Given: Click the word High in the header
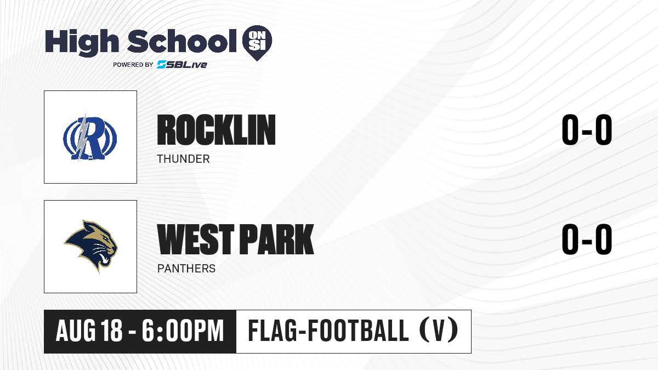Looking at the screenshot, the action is point(82,43).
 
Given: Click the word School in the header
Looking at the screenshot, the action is point(182,41).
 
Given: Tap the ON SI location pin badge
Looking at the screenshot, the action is point(257,43).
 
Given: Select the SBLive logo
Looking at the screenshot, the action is point(182,65).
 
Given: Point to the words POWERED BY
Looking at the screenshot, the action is point(133,65).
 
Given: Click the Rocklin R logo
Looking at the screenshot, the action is point(90,138).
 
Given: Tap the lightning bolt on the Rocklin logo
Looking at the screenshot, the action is point(82,138).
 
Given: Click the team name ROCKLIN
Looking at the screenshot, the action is point(216,130).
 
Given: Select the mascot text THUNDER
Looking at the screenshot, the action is point(183,159).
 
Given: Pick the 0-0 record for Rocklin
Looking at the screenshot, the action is point(587,130).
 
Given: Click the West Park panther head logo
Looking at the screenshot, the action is point(90,246).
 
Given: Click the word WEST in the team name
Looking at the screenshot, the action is point(196,239).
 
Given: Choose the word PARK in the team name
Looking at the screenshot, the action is point(277,239).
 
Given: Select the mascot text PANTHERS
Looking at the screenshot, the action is point(186,269).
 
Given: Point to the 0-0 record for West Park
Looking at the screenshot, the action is point(587,239).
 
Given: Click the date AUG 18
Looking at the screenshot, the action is point(89,331).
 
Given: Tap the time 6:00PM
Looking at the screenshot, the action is point(183,331).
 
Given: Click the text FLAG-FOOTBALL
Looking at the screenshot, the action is point(328,331).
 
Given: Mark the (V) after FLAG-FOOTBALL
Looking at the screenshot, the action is point(439,331).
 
